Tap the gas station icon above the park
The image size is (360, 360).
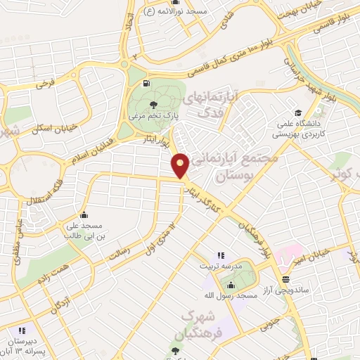click(146, 84)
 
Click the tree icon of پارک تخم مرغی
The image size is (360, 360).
click(153, 105)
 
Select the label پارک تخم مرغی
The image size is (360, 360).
click(153, 116)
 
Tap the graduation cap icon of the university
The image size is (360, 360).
click(298, 112)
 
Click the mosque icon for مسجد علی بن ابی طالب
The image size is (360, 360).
click(84, 214)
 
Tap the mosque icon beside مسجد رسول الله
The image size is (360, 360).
click(230, 284)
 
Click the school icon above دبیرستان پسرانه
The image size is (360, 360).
click(22, 330)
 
